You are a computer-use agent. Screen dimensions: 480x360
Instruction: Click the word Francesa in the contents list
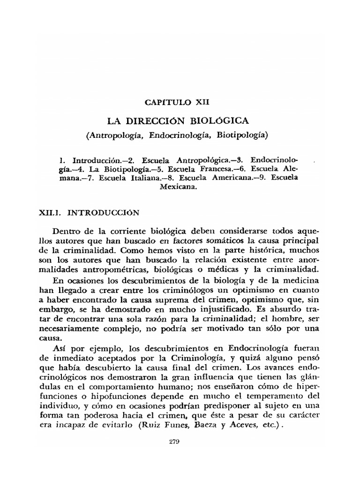point(212,168)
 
